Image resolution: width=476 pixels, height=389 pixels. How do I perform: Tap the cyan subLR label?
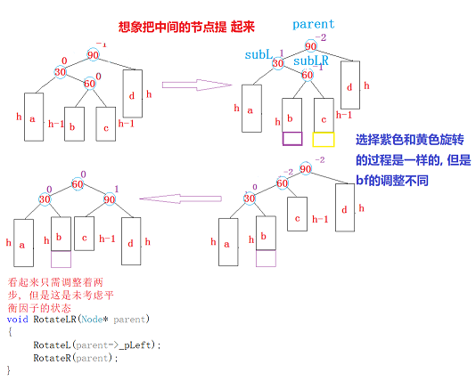(x=310, y=62)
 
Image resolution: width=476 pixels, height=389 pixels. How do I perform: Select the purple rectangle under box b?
(x=293, y=138)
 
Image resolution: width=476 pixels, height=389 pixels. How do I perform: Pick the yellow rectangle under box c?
(x=323, y=138)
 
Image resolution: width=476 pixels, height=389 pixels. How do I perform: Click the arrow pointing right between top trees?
(x=209, y=85)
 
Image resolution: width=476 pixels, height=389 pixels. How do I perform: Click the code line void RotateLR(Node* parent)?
(x=78, y=318)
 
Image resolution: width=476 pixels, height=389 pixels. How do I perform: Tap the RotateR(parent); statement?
(x=75, y=357)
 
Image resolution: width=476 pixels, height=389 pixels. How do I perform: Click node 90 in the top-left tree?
(x=93, y=55)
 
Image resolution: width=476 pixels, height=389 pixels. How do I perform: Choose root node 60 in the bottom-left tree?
(x=78, y=184)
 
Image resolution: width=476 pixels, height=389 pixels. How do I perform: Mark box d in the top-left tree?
(x=133, y=94)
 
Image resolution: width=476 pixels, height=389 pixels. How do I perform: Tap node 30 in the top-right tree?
(x=278, y=64)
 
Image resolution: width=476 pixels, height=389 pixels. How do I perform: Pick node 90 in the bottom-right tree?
(x=306, y=169)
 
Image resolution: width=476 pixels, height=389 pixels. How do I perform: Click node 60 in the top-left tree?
(x=89, y=85)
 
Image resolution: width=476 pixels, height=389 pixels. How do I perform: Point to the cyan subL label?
(x=259, y=54)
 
